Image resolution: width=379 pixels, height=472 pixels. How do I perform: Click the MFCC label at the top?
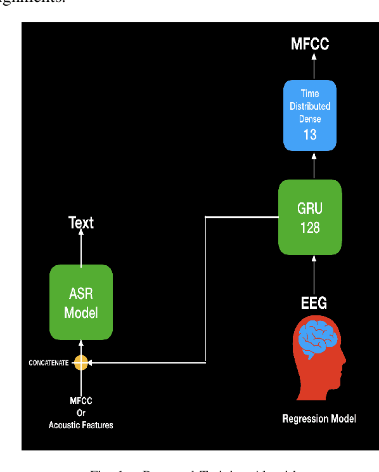pos(310,44)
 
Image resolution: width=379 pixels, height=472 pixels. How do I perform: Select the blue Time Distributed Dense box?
pos(310,115)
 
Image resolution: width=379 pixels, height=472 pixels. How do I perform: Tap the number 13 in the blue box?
pos(310,134)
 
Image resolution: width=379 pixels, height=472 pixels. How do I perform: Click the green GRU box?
pos(310,217)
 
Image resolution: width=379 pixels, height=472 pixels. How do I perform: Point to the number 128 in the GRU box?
pos(310,228)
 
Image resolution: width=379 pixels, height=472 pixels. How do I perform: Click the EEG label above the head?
pos(314,303)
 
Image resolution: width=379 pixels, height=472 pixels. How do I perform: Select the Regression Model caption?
pos(319,419)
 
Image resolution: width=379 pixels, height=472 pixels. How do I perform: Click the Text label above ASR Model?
pos(81,223)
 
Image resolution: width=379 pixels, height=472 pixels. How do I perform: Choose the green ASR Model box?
pos(81,303)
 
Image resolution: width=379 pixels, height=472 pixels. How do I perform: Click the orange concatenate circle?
pos(81,363)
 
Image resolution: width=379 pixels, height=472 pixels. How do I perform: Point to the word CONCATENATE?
pos(48,363)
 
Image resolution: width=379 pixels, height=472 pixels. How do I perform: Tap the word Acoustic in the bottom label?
pos(64,425)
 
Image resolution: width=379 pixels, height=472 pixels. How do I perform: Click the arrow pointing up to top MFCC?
pos(314,65)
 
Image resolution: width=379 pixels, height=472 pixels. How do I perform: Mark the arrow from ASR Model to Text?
pos(81,247)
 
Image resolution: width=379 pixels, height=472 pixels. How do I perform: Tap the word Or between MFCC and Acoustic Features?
pos(81,413)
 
